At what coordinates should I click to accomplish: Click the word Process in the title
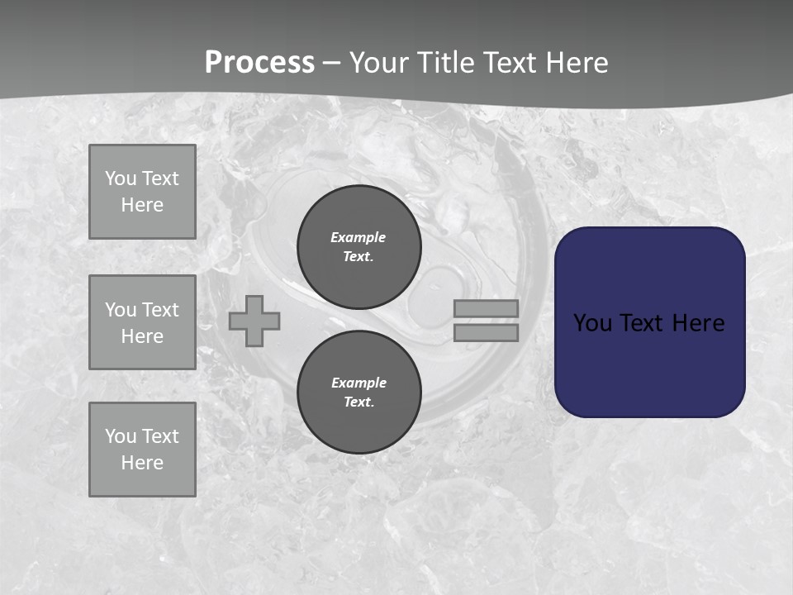[x=259, y=63]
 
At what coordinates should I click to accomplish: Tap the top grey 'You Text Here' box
[x=142, y=192]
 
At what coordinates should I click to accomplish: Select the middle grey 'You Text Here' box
[x=142, y=322]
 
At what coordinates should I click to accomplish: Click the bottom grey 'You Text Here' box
[x=142, y=449]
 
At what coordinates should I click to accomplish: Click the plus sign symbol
[x=254, y=321]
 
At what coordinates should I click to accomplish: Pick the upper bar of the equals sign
[x=486, y=308]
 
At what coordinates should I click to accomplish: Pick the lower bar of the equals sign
[x=486, y=332]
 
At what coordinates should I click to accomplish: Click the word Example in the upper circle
[x=358, y=237]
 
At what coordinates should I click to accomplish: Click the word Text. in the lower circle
[x=359, y=402]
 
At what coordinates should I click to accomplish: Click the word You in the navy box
[x=592, y=323]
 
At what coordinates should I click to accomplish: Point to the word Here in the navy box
[x=698, y=323]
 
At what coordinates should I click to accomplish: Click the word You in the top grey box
[x=121, y=178]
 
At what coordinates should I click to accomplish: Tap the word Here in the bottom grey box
[x=142, y=463]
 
